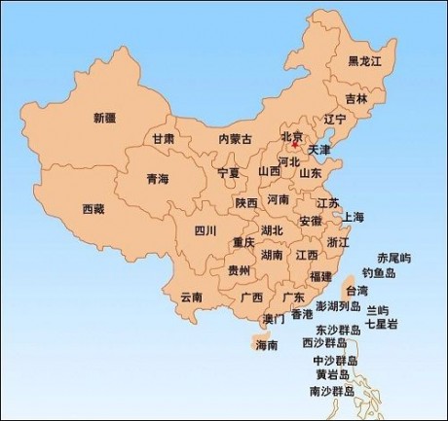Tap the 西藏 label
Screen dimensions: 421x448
pyautogui.click(x=93, y=209)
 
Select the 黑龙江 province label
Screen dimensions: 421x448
pyautogui.click(x=365, y=61)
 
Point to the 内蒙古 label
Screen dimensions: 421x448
pyautogui.click(x=235, y=139)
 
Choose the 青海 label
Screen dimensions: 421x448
pyautogui.click(x=157, y=179)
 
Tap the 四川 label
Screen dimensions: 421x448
pyautogui.click(x=205, y=230)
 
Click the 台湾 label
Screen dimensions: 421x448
pyautogui.click(x=357, y=290)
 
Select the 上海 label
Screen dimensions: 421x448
pyautogui.click(x=353, y=217)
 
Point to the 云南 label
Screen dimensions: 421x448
pyautogui.click(x=191, y=297)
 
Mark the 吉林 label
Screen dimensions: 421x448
pyautogui.click(x=356, y=99)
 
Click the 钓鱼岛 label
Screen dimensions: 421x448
pyautogui.click(x=379, y=273)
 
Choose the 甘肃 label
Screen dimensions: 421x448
pyautogui.click(x=164, y=139)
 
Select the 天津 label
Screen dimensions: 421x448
pyautogui.click(x=319, y=151)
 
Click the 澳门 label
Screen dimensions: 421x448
pyautogui.click(x=274, y=318)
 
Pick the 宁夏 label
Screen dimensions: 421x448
pyautogui.click(x=228, y=173)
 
